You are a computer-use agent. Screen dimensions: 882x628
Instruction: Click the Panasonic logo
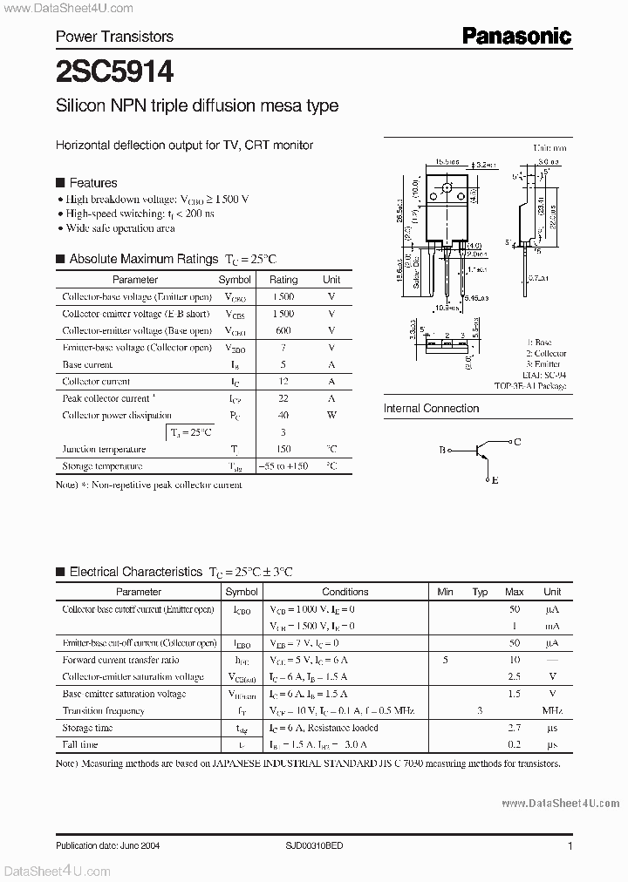[516, 36]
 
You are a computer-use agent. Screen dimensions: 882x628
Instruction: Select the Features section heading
[92, 183]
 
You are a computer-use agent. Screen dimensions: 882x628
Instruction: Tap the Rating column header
[283, 280]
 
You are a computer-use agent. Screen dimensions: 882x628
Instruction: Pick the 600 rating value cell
[283, 330]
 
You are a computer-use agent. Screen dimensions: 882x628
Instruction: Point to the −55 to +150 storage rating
[283, 466]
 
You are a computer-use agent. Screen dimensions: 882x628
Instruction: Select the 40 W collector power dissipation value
[283, 416]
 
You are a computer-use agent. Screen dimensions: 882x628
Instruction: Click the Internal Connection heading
[431, 408]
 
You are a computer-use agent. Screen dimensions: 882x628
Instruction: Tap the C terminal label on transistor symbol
[517, 442]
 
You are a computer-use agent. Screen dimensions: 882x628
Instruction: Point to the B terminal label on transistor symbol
[442, 451]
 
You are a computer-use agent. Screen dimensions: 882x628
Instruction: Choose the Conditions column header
[345, 592]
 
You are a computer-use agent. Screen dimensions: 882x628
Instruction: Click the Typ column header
[480, 592]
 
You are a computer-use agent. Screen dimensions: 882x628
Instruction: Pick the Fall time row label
[80, 745]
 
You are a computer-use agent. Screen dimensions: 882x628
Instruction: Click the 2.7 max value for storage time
[515, 728]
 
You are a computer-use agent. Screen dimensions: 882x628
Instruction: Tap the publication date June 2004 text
[107, 845]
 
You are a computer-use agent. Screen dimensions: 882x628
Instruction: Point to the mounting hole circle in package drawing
[447, 188]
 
